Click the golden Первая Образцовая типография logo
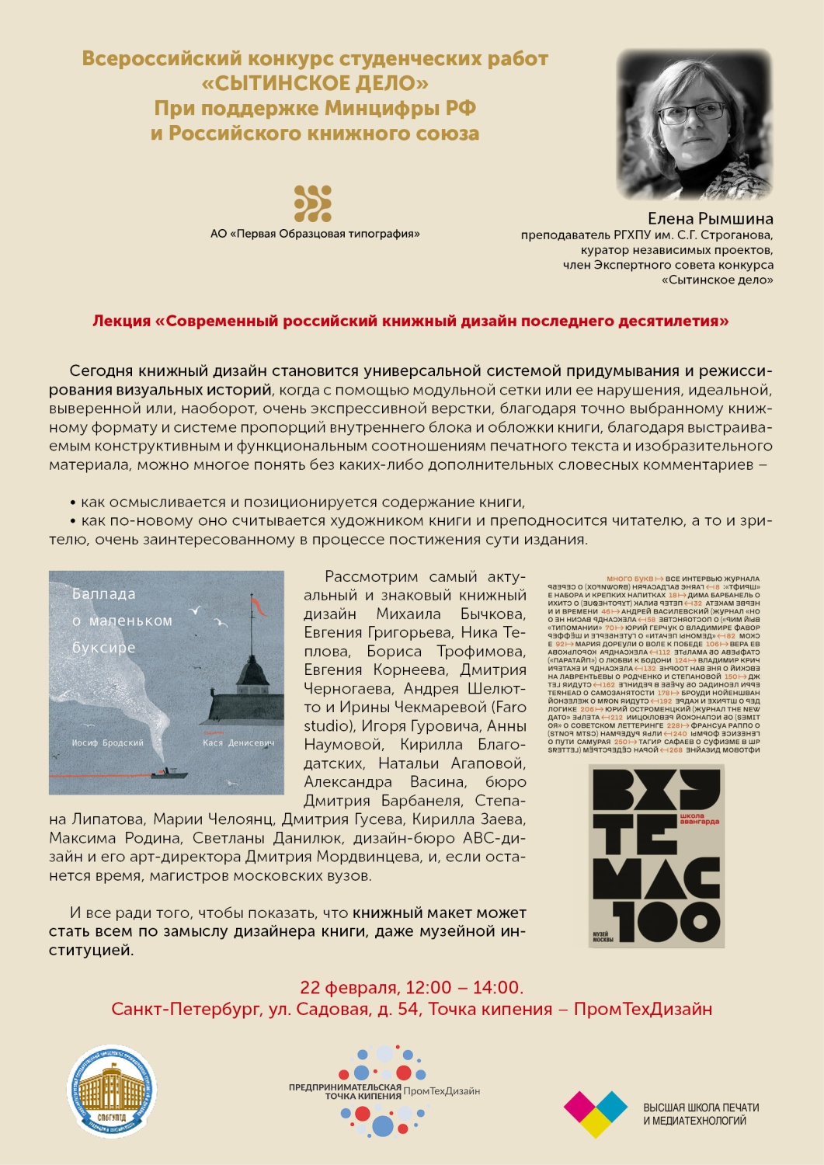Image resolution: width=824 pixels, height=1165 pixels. pos(313,203)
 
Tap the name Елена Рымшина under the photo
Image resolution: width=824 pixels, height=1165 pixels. pos(710,218)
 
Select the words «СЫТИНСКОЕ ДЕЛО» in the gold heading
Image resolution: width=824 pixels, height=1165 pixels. pos(315,83)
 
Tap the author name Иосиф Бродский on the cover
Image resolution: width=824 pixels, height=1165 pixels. pos(107,742)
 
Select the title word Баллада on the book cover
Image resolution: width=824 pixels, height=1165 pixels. pos(104,594)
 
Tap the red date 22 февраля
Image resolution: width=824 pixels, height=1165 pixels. pos(349,987)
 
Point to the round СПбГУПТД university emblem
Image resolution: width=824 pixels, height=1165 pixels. pos(112,1090)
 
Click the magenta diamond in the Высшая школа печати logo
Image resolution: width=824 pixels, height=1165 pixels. pos(579,1106)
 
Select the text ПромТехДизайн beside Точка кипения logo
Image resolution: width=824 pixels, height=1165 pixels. pos(441,1091)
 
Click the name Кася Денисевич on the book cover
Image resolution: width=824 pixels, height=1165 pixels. pos(238,742)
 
